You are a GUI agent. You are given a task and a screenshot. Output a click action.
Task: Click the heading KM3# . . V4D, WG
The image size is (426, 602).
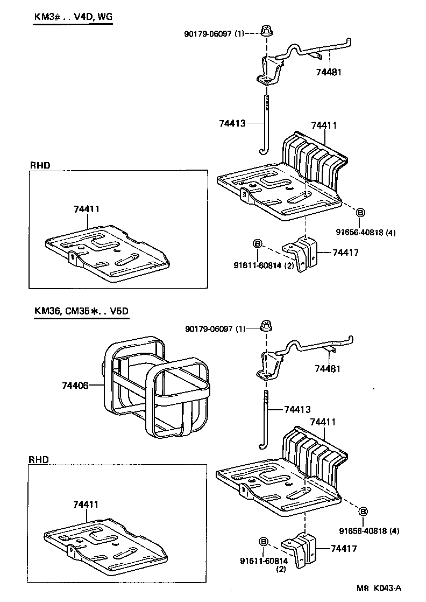73,17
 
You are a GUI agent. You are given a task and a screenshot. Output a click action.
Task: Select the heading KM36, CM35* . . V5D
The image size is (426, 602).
81,311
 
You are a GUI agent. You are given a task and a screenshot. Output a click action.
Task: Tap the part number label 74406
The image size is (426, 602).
75,385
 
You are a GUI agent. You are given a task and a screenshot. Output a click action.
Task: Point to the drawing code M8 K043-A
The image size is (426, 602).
379,588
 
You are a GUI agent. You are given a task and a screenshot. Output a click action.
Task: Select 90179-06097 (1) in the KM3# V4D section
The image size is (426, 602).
214,33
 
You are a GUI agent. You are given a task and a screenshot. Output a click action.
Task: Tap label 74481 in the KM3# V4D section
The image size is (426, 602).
329,71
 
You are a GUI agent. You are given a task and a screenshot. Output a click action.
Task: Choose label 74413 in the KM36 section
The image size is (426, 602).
297,410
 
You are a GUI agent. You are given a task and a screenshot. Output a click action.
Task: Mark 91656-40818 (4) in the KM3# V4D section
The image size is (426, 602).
366,233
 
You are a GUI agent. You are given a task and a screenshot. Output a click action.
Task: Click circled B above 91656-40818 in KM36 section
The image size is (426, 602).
363,510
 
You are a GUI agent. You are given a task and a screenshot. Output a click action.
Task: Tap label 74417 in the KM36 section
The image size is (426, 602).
345,549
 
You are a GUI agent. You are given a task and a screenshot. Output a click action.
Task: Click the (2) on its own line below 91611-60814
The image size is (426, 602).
281,569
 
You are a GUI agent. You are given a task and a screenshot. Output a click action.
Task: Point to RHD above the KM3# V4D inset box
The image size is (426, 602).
39,165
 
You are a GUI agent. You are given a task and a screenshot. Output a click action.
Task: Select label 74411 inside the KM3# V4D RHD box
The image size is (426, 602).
86,208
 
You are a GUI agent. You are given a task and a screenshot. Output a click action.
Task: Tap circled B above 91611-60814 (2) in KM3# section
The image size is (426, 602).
257,244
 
